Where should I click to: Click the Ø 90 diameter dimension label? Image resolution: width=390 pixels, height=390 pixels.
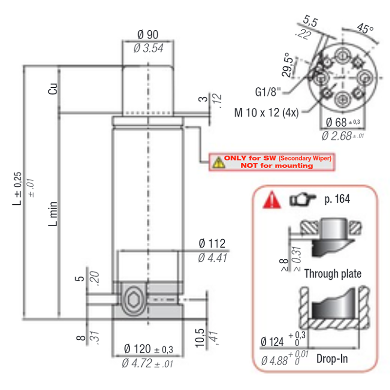pyautogui.click(x=148, y=35)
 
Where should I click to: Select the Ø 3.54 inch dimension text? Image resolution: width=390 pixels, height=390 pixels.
pyautogui.click(x=149, y=48)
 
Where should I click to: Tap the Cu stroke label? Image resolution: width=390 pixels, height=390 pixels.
pyautogui.click(x=53, y=89)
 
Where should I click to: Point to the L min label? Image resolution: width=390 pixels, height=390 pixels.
pyautogui.click(x=53, y=214)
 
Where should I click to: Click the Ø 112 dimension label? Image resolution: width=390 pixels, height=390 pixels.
pyautogui.click(x=212, y=243)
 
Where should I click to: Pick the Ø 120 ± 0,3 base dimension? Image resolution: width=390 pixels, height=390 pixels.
pyautogui.click(x=149, y=349)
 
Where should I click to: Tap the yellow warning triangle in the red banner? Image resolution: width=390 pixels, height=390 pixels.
pyautogui.click(x=218, y=162)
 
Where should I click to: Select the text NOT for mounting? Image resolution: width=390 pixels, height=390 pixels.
pyautogui.click(x=277, y=165)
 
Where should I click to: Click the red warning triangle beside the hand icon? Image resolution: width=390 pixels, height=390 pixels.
pyautogui.click(x=272, y=199)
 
